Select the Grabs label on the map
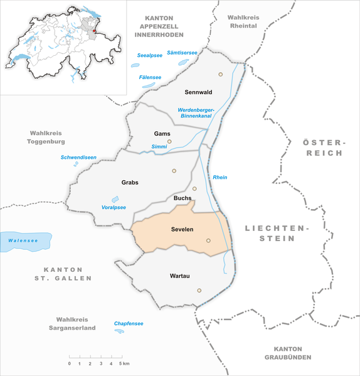coord(130,183)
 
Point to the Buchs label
coord(183,198)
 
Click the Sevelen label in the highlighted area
coord(181,230)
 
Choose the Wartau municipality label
coord(180,276)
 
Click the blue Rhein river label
coord(220,178)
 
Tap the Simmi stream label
coord(159,147)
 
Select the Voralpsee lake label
coord(114,207)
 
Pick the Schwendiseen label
coord(77,157)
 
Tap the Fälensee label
coord(150,77)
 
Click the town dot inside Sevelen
coord(208,240)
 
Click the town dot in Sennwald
coord(220,74)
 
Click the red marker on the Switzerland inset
coord(94,29)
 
